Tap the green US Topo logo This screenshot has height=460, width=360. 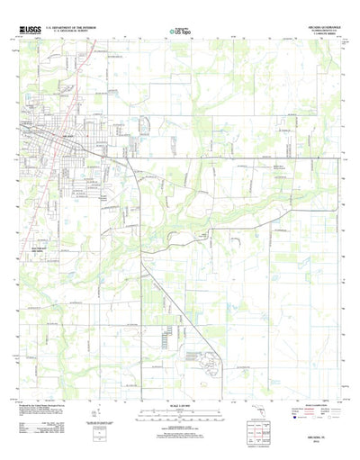(178, 32)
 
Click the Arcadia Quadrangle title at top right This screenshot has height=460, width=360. (318, 27)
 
